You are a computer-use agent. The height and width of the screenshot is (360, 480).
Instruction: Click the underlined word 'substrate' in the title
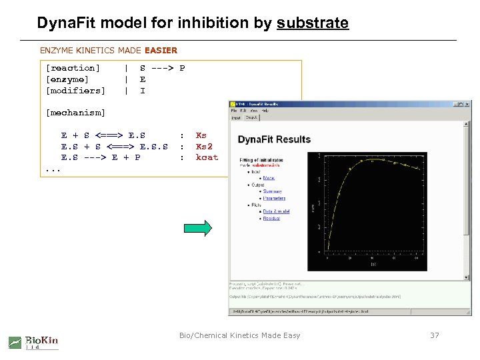(x=313, y=23)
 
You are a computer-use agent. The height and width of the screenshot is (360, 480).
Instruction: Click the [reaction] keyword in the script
(x=73, y=68)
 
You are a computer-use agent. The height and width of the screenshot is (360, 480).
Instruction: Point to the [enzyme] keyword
(x=67, y=79)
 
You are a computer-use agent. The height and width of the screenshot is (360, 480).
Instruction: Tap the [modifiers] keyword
(x=75, y=91)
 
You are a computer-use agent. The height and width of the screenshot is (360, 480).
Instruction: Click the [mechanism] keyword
(x=75, y=113)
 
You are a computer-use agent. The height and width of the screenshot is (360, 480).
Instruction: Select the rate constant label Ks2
(x=204, y=147)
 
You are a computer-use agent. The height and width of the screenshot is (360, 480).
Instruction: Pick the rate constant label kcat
(x=207, y=158)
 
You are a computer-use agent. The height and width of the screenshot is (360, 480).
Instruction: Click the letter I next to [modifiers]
(x=143, y=91)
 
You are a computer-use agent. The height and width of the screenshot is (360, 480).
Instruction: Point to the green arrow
(x=199, y=228)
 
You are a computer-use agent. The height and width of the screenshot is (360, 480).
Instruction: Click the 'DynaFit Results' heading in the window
(x=274, y=139)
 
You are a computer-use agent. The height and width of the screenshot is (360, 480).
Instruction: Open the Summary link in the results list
(x=272, y=192)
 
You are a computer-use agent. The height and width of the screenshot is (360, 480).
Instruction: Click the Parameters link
(x=274, y=199)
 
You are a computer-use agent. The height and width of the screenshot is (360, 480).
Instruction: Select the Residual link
(x=271, y=219)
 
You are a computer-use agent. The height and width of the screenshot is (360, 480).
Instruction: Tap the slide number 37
(x=435, y=335)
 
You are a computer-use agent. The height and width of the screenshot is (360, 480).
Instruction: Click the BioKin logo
(x=33, y=342)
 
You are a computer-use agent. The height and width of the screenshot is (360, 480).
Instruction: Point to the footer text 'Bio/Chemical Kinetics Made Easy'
(x=240, y=335)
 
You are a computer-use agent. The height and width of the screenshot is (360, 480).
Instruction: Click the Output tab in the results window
(x=251, y=117)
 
